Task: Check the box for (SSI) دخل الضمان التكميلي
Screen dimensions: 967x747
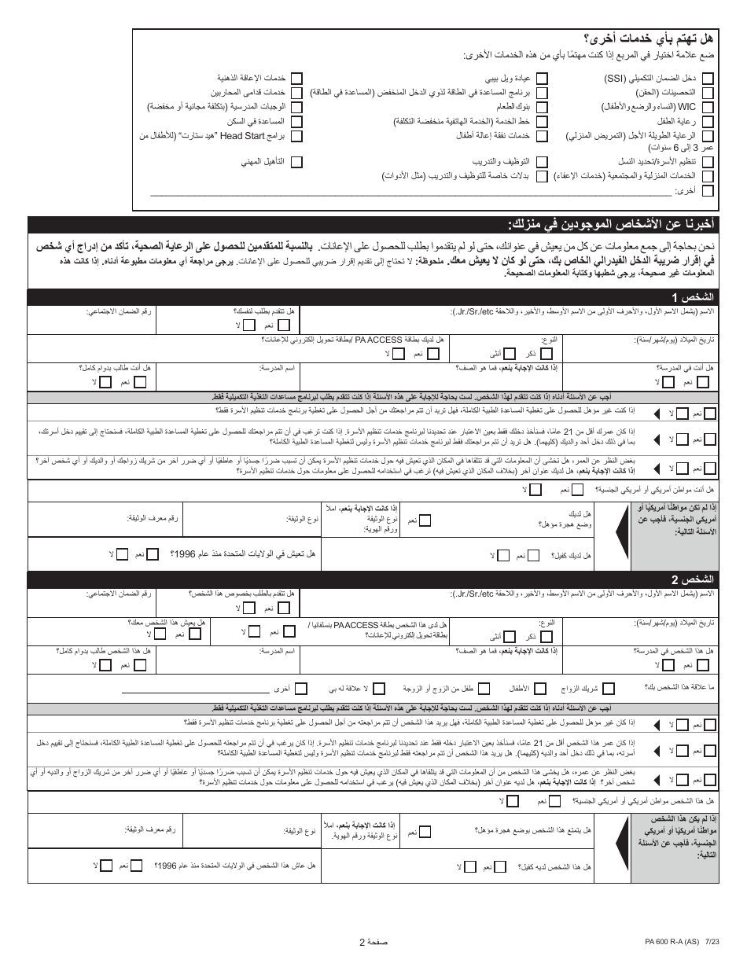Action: coord(707,79)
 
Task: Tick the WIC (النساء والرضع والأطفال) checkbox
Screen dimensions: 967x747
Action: coord(707,107)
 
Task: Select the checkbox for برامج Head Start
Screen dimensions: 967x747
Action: coord(297,136)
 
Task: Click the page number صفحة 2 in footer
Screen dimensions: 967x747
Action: coord(373,943)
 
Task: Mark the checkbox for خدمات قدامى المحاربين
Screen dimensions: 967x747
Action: coord(297,93)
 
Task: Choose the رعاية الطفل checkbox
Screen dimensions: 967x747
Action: coord(707,122)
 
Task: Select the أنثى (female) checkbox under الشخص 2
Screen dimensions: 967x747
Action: coord(510,635)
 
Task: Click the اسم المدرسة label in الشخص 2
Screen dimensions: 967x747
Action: coord(278,650)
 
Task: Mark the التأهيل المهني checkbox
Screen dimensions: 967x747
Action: coord(297,161)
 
